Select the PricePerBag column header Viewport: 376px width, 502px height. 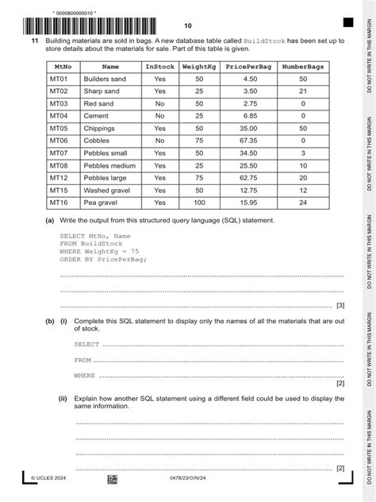[248, 68]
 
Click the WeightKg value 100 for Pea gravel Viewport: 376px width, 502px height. [198, 203]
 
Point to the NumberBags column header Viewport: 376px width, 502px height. [303, 68]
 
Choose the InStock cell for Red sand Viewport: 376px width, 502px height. [159, 103]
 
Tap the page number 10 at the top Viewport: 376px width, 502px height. [187, 25]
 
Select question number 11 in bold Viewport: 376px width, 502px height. [35, 40]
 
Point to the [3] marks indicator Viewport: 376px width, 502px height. [340, 305]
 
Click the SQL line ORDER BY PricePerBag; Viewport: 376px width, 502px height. [103, 260]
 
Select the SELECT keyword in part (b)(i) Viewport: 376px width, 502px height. [86, 345]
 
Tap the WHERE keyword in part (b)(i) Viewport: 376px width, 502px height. [84, 375]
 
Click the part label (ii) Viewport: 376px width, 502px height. [63, 398]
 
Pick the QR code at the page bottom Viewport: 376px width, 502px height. [112, 480]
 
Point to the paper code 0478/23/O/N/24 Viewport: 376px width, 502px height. [188, 480]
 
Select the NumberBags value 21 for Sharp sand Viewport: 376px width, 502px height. [303, 91]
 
